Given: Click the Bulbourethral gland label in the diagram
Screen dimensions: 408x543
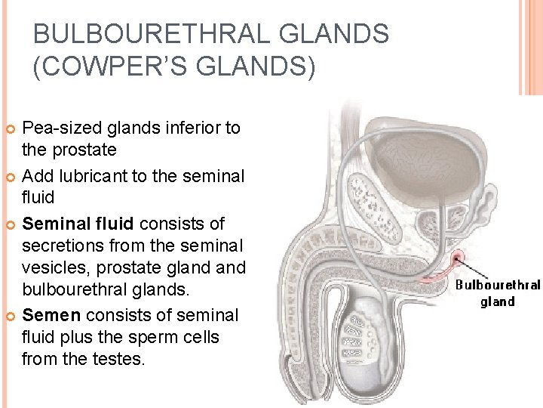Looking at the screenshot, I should click(497, 293).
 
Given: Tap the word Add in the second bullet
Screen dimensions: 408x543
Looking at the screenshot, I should click(36, 177).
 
